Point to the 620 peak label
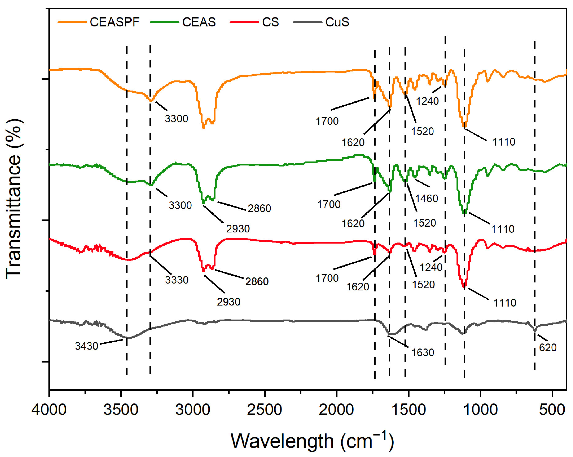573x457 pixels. [548, 348]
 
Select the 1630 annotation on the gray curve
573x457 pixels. [422, 352]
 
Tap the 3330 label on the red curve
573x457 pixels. [176, 280]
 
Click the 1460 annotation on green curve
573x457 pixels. [427, 198]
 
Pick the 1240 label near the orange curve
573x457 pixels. [427, 101]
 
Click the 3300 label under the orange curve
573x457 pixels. [176, 119]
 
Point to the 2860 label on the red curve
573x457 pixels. [257, 281]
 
